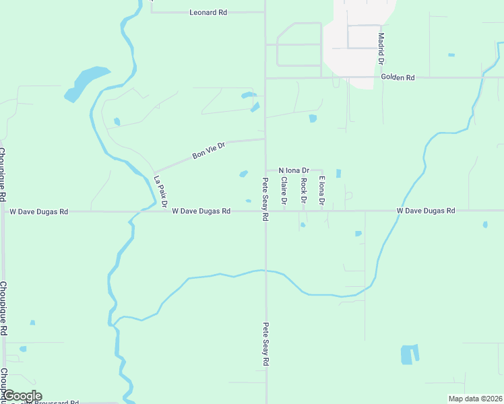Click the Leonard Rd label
pos(208,12)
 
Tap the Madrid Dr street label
pos(381,48)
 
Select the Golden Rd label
pos(398,77)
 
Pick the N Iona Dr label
pos(293,170)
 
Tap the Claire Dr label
pos(284,191)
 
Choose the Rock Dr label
pos(304,191)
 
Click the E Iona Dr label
pos(322,191)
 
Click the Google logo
pos(22,396)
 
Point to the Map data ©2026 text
pos(475,399)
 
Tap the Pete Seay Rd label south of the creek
pos(265,343)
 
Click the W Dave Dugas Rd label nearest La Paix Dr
pos(201,211)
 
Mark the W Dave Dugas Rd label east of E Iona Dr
pos(426,211)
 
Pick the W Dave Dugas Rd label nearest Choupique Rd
pos(39,211)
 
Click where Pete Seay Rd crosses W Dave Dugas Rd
pos(265,211)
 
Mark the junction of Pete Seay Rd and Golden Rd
pos(265,78)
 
